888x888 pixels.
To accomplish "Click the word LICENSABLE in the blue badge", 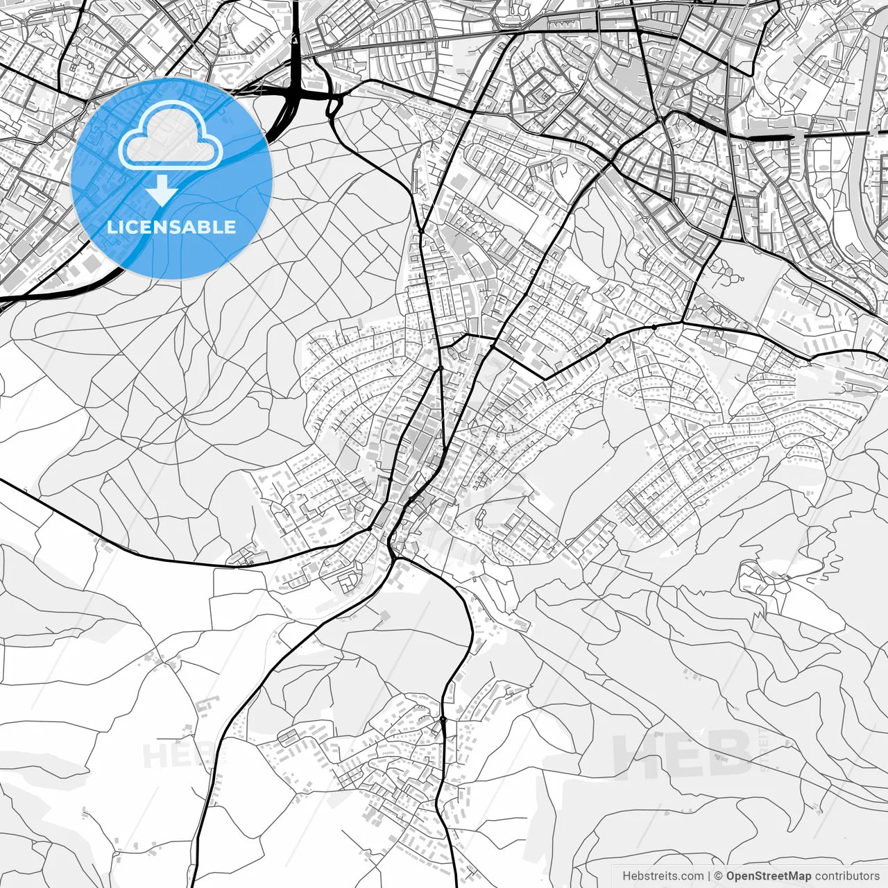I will (171, 227).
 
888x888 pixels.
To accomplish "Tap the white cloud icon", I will (171, 136).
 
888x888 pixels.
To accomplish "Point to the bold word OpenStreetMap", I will (769, 876).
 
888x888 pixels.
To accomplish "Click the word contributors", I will (847, 876).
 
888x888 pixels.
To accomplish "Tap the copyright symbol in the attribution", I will (719, 876).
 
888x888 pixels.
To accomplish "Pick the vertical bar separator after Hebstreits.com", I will (709, 876).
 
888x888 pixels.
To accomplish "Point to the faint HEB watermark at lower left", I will (170, 755).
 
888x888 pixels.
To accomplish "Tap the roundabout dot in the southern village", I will (443, 719).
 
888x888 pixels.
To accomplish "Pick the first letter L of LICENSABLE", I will (111, 227).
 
